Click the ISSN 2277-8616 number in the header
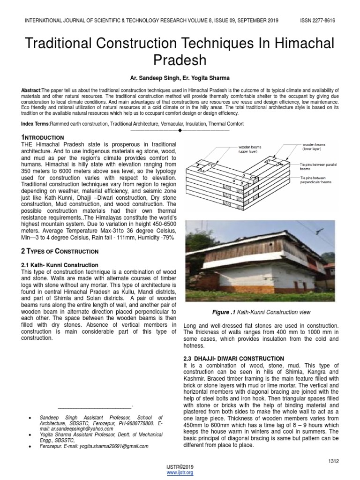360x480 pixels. (317, 21)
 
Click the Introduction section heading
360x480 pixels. (38, 136)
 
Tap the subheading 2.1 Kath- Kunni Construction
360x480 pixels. (60, 265)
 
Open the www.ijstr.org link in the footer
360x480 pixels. (180, 473)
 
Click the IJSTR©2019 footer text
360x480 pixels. (180, 468)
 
